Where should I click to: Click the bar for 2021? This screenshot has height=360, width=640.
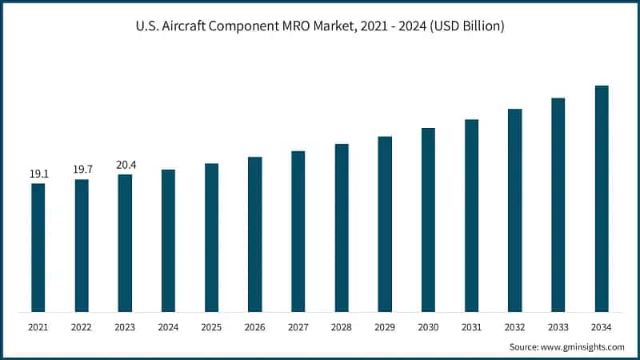(x=38, y=247)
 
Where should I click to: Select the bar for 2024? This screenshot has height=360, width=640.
(x=168, y=240)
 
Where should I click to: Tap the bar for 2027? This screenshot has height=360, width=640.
(x=298, y=231)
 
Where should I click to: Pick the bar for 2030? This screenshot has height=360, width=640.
(x=428, y=219)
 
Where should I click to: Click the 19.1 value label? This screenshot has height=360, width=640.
(x=38, y=174)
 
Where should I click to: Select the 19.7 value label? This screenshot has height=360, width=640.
(x=82, y=169)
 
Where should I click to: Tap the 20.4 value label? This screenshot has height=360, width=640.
(x=125, y=164)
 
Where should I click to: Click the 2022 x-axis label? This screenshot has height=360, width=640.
(x=82, y=326)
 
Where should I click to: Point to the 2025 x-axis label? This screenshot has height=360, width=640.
(x=211, y=326)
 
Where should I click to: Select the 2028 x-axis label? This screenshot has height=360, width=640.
(x=342, y=326)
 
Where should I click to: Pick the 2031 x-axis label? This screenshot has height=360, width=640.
(x=471, y=326)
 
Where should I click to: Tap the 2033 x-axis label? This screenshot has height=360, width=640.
(x=558, y=326)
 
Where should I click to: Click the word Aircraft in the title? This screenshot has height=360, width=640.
(x=186, y=26)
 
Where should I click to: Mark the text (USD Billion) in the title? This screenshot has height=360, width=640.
(x=465, y=26)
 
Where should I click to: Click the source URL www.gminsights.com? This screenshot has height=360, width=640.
(x=584, y=346)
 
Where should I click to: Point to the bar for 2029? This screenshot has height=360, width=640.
(x=385, y=224)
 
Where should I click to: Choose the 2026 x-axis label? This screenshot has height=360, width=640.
(x=255, y=326)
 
